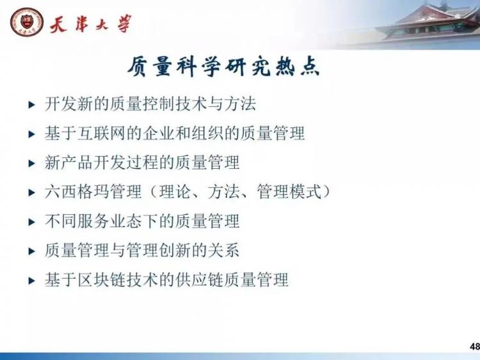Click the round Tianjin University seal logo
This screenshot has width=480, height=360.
click(x=27, y=22)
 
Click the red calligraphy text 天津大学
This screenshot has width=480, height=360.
click(x=91, y=24)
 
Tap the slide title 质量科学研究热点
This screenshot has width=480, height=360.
click(x=223, y=66)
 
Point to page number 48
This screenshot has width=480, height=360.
click(x=475, y=346)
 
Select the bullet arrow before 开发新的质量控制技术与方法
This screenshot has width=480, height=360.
click(x=31, y=105)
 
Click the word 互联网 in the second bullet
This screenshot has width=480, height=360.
click(x=101, y=134)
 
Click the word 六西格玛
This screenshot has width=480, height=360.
click(x=77, y=192)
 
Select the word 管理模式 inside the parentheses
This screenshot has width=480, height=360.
click(x=289, y=192)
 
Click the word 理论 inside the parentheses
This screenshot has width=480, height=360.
click(x=175, y=192)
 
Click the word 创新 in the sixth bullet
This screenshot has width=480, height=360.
click(x=175, y=250)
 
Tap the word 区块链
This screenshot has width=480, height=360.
click(x=101, y=280)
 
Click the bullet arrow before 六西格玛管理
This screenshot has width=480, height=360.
click(x=31, y=192)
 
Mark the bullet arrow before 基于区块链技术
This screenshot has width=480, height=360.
click(x=31, y=281)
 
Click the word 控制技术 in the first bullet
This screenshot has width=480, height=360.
click(x=175, y=104)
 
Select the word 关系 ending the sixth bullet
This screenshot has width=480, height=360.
click(x=224, y=250)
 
